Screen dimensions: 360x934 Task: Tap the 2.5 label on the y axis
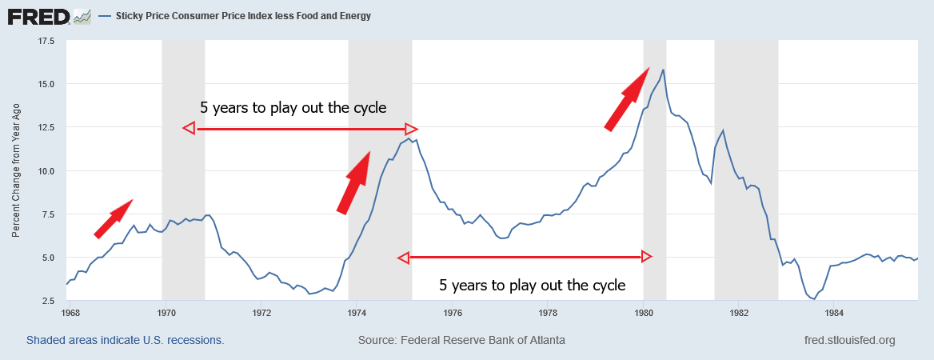(x=45, y=300)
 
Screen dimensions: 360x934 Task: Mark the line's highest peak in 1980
(x=664, y=70)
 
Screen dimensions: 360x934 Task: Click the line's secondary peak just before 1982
(x=723, y=130)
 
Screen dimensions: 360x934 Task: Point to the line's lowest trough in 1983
(x=813, y=299)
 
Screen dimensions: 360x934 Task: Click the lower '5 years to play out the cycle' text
(x=532, y=285)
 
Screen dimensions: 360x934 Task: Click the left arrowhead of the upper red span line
(x=189, y=128)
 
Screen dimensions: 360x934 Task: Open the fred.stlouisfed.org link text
(x=849, y=340)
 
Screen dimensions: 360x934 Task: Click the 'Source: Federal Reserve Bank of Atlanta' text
(x=461, y=340)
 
